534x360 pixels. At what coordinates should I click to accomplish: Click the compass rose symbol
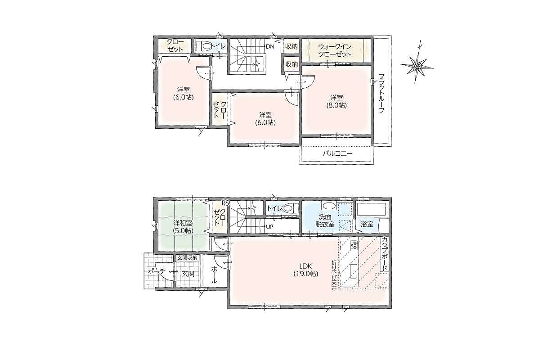point(417,65)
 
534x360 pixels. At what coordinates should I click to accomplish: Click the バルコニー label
point(337,153)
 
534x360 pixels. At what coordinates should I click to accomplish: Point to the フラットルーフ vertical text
point(381,93)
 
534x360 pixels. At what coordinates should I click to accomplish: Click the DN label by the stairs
point(270,47)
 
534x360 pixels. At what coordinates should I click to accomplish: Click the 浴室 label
point(367,225)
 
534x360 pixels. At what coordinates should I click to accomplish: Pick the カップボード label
point(385,254)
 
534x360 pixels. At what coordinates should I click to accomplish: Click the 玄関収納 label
point(187,258)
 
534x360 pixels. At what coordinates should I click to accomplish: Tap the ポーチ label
point(157,272)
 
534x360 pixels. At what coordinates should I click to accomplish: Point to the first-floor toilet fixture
point(289,208)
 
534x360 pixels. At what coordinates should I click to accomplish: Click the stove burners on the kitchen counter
point(353,244)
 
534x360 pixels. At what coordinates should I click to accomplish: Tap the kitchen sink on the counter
point(353,271)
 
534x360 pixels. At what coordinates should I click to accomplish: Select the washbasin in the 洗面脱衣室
point(328,206)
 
